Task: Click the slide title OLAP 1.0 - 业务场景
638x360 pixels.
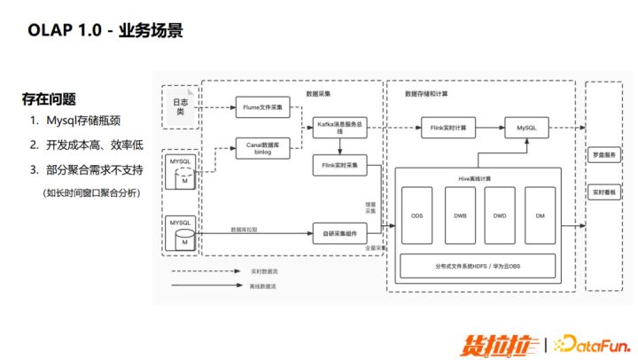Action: point(105,31)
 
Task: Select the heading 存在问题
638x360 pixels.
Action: point(49,99)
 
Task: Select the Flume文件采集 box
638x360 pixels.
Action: point(262,107)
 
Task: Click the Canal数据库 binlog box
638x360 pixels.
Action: point(262,146)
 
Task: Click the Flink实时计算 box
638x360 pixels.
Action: point(447,128)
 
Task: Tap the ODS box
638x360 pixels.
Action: point(416,215)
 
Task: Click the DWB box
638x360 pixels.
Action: point(458,215)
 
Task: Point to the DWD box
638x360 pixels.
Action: point(500,215)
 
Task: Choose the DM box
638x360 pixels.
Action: point(541,215)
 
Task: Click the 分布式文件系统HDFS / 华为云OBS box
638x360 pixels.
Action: point(478,266)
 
